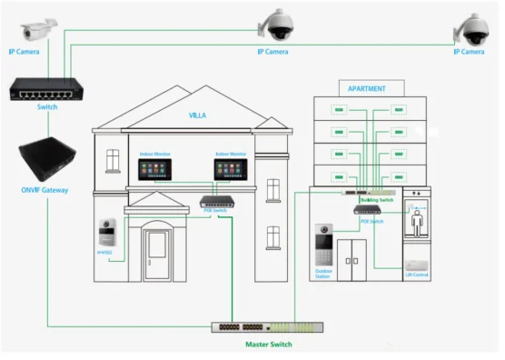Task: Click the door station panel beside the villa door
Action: pos(108,235)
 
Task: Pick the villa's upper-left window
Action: pos(113,161)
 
